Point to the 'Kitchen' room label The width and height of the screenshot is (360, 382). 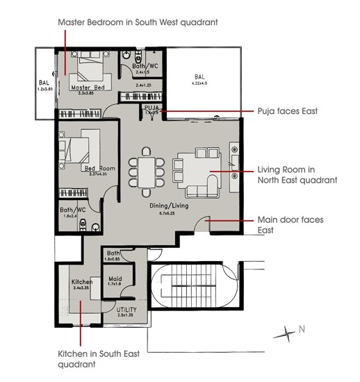83,282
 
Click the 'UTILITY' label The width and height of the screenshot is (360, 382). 126,309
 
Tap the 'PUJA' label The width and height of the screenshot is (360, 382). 152,108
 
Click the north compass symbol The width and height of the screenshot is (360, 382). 286,333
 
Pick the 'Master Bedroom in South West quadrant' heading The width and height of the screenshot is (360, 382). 138,22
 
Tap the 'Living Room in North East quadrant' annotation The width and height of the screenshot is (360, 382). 297,174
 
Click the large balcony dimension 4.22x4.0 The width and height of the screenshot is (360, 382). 199,83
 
